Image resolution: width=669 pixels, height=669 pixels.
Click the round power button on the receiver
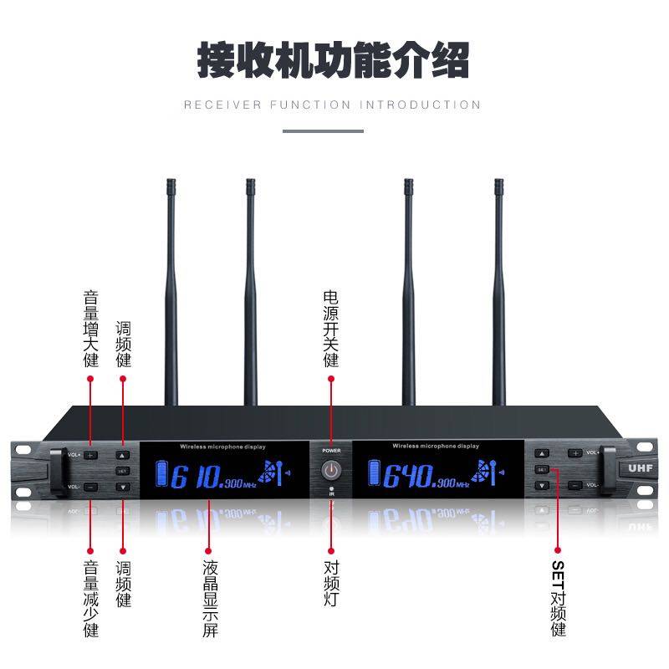(332, 469)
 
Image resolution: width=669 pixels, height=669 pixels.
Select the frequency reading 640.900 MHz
(423, 477)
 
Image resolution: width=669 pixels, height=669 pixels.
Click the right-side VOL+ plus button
(575, 453)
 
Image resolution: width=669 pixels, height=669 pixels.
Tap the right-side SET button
(542, 469)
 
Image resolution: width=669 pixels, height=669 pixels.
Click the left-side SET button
(123, 471)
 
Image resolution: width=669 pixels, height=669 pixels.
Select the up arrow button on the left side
(123, 457)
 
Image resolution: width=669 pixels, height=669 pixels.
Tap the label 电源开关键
(331, 329)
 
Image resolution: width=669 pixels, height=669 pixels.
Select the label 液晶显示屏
(210, 599)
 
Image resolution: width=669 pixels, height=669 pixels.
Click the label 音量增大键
(91, 329)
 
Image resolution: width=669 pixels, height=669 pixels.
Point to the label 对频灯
(331, 583)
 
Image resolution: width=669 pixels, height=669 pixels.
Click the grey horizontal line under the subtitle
(323, 131)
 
